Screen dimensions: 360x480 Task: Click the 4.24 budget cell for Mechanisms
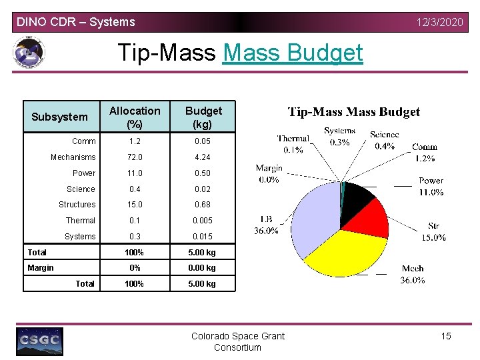pos(203,157)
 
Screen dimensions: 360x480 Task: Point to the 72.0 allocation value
pos(135,157)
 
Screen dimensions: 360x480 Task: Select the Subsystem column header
pos(59,117)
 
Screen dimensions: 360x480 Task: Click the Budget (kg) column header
pos(203,117)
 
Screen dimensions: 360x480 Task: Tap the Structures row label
pos(77,205)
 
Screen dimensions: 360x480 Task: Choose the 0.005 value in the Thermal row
pos(203,221)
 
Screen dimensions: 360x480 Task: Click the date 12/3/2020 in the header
pos(439,22)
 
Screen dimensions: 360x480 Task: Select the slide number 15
pos(446,336)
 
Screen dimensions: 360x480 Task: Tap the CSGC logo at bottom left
pos(40,341)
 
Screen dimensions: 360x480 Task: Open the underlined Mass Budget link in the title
pos(293,53)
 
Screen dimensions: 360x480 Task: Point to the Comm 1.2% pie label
pos(425,152)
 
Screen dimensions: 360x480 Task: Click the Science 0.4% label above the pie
pos(385,140)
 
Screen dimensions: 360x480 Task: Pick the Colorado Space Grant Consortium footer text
pos(237,341)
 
